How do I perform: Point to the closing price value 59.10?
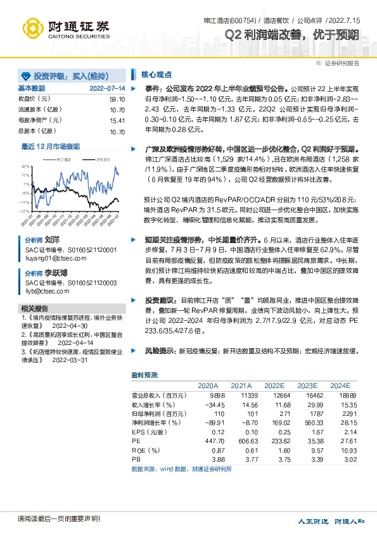(x=117, y=99)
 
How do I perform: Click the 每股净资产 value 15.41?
(x=117, y=120)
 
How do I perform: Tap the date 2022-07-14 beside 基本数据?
(x=108, y=88)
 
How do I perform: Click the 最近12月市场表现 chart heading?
(x=51, y=146)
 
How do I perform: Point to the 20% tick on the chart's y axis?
(x=25, y=165)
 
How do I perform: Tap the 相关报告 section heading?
(x=32, y=308)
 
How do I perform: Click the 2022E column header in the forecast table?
(x=274, y=386)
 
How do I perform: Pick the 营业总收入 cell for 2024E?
(x=340, y=395)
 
